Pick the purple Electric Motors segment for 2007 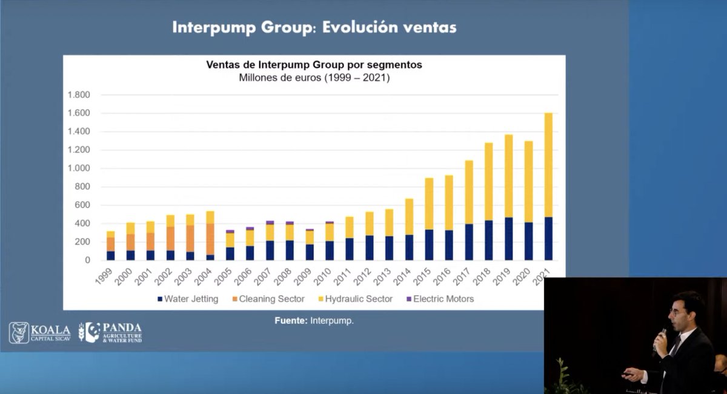(x=270, y=222)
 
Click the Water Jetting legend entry (x=188, y=299)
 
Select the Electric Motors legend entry (x=439, y=299)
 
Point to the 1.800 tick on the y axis (x=79, y=95)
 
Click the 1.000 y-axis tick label (x=79, y=169)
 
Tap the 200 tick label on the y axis (x=82, y=242)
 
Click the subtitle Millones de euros (x=314, y=78)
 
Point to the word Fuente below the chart (x=291, y=321)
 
